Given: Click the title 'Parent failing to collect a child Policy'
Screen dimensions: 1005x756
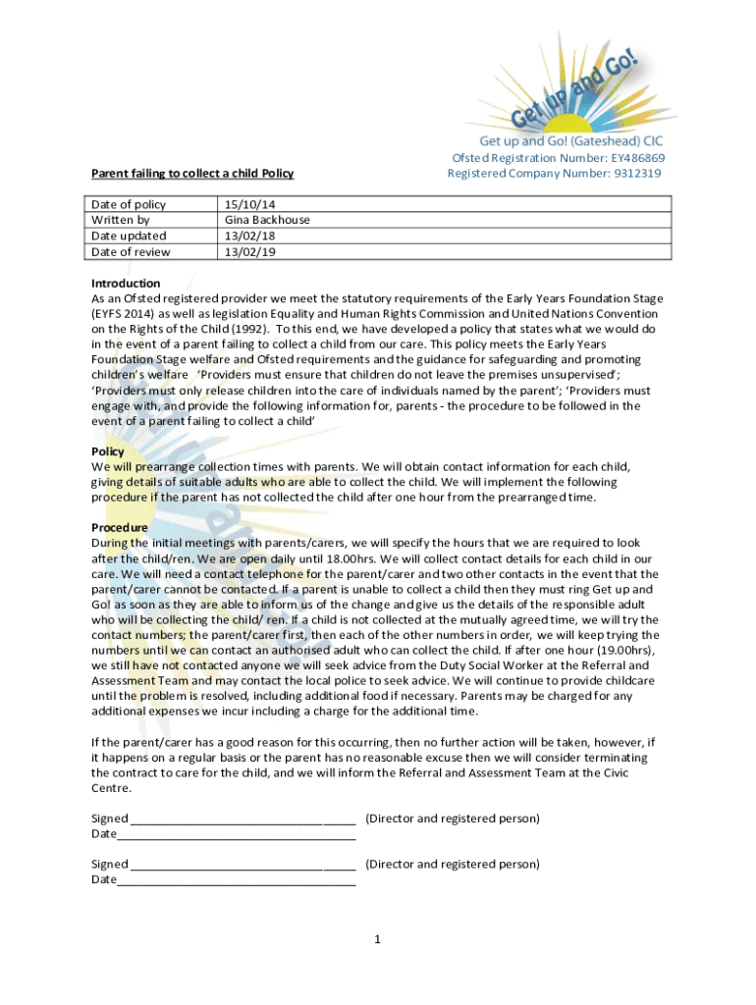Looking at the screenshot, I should pos(192,174).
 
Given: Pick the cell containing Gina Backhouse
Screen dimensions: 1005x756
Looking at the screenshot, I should pos(267,220).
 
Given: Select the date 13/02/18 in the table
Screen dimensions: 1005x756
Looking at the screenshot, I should pos(248,236).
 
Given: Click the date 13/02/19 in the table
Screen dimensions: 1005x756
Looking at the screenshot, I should pos(248,252).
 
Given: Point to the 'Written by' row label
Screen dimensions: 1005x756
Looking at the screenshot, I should pos(120,220).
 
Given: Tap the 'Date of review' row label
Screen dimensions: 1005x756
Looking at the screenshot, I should pos(130,252).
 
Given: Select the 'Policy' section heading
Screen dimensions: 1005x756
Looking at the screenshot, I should pos(107,450).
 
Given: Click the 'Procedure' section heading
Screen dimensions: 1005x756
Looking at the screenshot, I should pos(120,527).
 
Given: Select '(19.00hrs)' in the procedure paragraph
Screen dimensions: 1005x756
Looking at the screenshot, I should pos(628,650).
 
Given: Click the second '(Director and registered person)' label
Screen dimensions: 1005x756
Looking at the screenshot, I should pos(452,864).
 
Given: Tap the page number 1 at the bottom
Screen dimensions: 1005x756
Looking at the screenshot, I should pos(377,939).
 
